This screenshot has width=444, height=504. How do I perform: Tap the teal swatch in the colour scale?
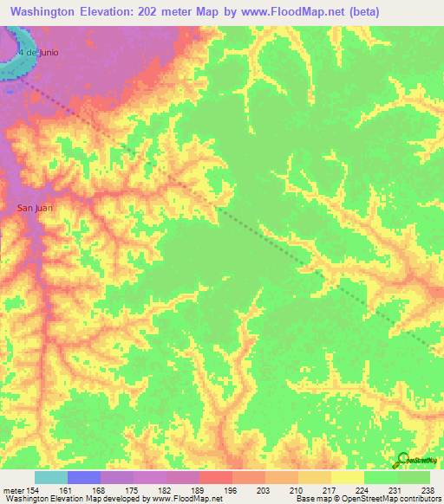tap(51, 477)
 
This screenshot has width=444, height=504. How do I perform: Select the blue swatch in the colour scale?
tap(84, 477)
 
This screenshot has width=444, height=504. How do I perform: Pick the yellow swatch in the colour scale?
tap(348, 477)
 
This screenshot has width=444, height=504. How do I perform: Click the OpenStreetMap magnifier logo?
tap(402, 461)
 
